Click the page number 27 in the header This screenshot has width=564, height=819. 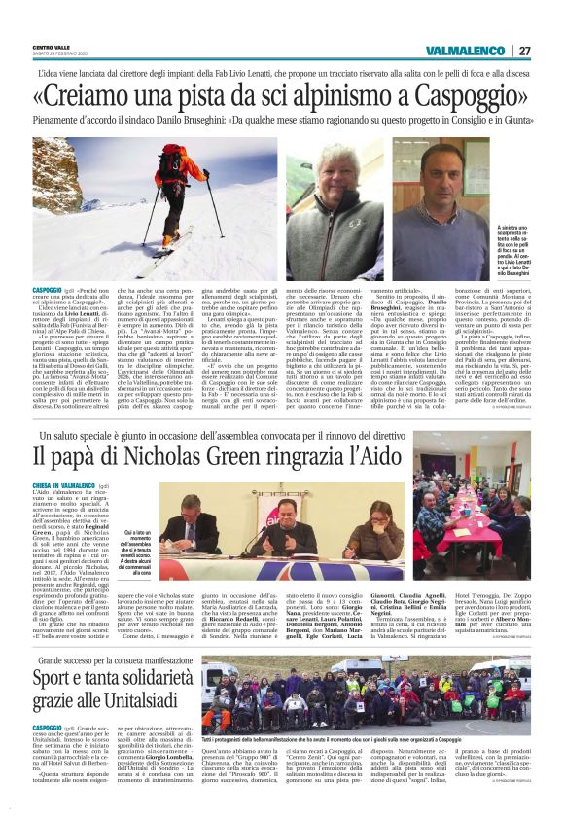point(525,51)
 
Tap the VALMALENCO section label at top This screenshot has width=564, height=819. point(465,51)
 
